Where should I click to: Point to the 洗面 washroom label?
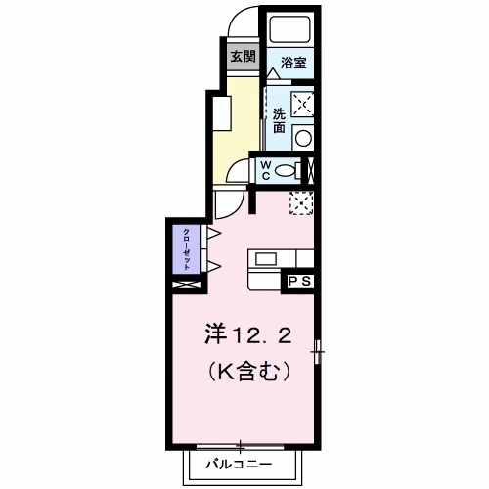279,118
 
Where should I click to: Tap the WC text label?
265,170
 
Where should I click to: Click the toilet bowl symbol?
286,171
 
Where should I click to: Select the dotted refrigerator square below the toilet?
301,202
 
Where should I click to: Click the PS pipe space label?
299,281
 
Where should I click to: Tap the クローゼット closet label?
185,249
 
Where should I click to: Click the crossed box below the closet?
185,284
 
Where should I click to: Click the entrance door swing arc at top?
241,27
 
